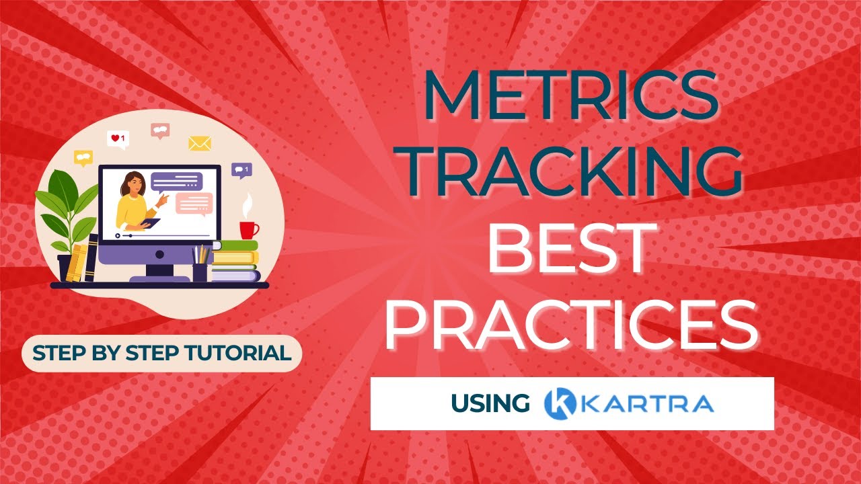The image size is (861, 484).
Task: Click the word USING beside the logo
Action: coord(490,403)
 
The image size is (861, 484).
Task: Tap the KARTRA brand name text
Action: coord(647,403)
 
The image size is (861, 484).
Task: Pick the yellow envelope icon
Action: coord(200,143)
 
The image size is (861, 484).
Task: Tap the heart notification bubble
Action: coord(118,138)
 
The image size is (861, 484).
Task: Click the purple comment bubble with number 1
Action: coord(241,170)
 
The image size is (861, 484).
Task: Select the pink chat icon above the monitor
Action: coord(160,130)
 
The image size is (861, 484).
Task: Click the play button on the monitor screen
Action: coord(118,235)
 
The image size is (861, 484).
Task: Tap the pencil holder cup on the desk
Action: coord(200,272)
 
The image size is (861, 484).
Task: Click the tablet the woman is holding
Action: coord(151,223)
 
